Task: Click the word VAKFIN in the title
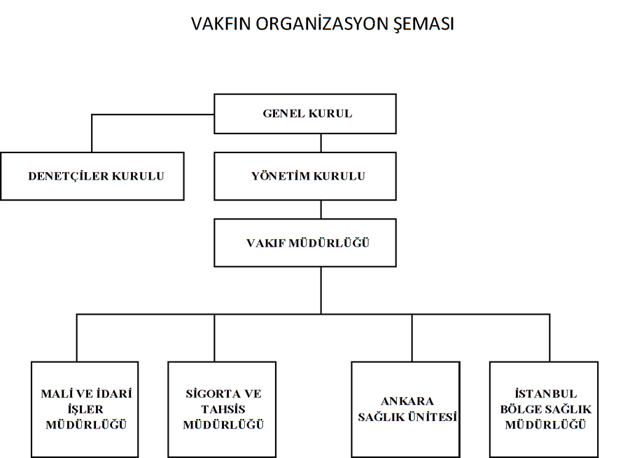pyautogui.click(x=220, y=24)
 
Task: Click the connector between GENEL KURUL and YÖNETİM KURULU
pyautogui.click(x=321, y=143)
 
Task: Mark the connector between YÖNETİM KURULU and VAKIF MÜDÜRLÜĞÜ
pyautogui.click(x=321, y=209)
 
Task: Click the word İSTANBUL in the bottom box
pyautogui.click(x=546, y=394)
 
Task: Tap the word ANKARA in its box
pyautogui.click(x=407, y=401)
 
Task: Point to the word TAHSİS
pyautogui.click(x=223, y=409)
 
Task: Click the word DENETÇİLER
pyautogui.click(x=69, y=176)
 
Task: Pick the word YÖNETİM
pyautogui.click(x=281, y=176)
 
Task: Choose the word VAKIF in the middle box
pyautogui.click(x=266, y=243)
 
